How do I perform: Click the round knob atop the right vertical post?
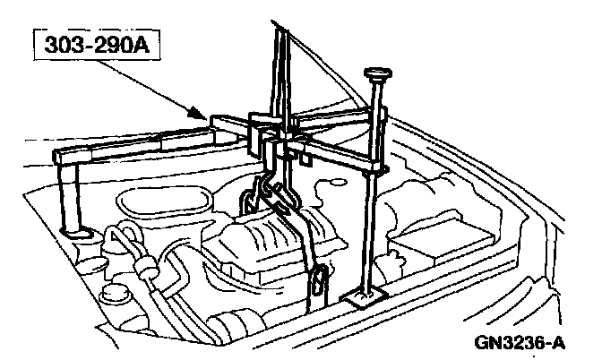375,73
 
